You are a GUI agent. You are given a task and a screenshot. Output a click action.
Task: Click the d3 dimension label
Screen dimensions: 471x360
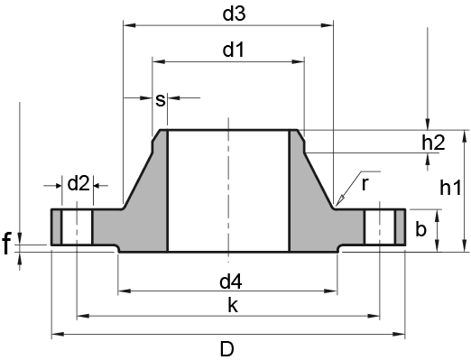click(234, 14)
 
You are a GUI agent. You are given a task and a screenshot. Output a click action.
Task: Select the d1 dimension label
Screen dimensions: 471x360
click(234, 50)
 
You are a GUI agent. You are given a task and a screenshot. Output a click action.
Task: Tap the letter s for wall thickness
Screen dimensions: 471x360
click(161, 100)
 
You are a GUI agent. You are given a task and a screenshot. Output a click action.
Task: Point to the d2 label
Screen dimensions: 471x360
click(78, 183)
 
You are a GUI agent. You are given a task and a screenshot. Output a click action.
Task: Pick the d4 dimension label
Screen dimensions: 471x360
click(231, 282)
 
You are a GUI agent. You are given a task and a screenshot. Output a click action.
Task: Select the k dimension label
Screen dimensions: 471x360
click(233, 305)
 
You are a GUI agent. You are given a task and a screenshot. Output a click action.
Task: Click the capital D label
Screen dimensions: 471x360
click(227, 349)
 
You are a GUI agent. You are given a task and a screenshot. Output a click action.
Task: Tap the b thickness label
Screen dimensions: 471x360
click(420, 229)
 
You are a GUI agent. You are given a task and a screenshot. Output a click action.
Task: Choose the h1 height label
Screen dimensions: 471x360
click(450, 188)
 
